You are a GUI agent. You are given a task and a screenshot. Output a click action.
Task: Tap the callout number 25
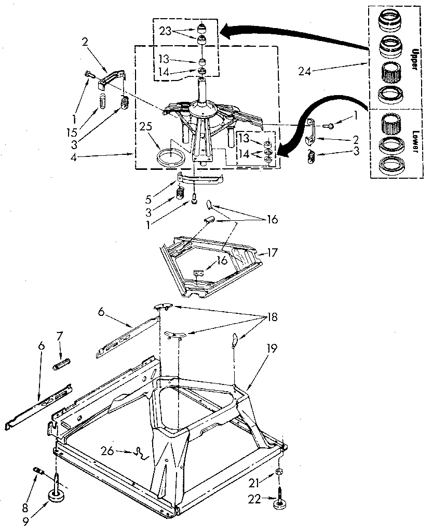click(x=146, y=126)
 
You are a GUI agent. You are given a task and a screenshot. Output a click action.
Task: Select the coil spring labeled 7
click(x=62, y=362)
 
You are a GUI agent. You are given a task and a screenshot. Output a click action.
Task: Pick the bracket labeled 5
click(x=200, y=178)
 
